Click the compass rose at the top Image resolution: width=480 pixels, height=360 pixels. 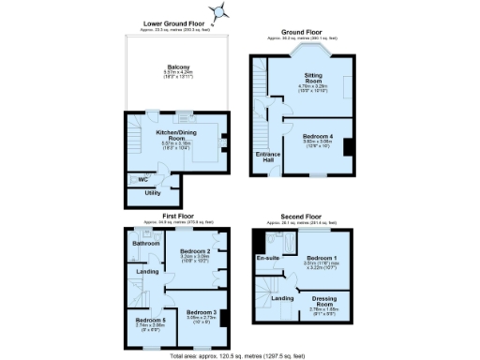coord(221,12)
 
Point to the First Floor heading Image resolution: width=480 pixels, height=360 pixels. coord(178,215)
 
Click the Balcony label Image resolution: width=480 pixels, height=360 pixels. coord(179,67)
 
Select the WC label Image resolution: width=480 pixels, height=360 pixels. coord(143,178)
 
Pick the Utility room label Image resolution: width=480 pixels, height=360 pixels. coord(152,193)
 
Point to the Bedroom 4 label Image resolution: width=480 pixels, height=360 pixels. coord(318,136)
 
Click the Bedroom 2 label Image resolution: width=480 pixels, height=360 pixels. coord(194,251)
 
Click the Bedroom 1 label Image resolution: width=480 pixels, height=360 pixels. coord(321,258)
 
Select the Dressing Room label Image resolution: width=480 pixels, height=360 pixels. coord(323,302)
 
